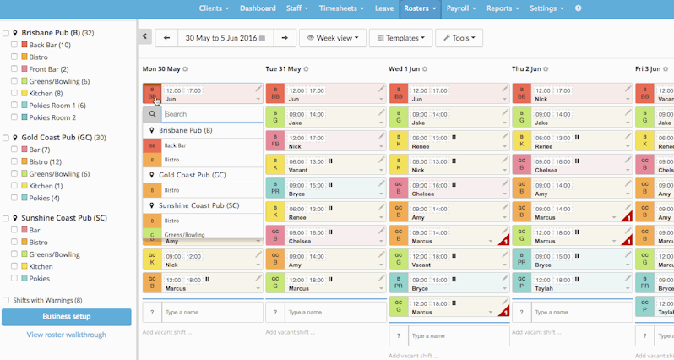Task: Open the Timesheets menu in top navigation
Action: [x=341, y=8]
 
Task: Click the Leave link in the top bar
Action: [x=384, y=8]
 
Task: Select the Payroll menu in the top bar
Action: [x=460, y=8]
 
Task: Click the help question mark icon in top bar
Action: [x=579, y=8]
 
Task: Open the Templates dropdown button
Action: [x=400, y=38]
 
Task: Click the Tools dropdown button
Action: [x=459, y=38]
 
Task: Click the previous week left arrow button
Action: [x=166, y=38]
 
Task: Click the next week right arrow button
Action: [x=285, y=38]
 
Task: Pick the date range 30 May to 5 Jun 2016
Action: [x=226, y=38]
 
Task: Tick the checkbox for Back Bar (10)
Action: [x=14, y=45]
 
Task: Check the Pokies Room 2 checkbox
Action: [x=14, y=117]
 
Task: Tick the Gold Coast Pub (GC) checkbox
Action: [x=6, y=138]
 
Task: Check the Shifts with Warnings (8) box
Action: [x=6, y=300]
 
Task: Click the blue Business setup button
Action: [x=66, y=317]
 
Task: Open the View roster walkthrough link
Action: [x=66, y=335]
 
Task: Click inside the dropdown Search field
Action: [x=211, y=114]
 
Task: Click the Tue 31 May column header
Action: [x=284, y=68]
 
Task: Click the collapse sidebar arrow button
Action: [x=144, y=37]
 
